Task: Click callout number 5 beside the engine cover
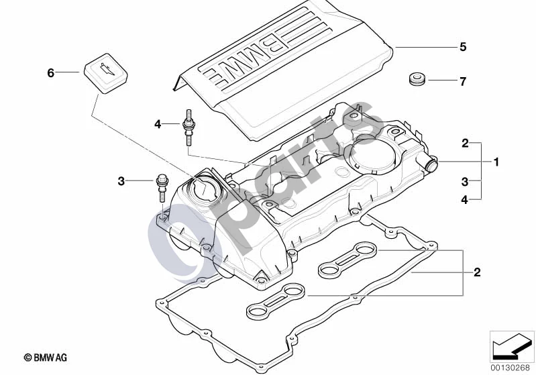462,47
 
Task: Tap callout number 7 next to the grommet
462,82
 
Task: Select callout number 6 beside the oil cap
50,73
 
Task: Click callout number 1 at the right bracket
496,162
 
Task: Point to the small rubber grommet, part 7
417,79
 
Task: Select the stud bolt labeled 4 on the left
188,127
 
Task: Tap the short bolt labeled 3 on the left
162,188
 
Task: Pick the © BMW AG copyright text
46,358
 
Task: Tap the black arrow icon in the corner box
512,346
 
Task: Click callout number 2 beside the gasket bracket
477,272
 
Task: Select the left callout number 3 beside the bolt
121,181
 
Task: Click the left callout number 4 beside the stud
157,124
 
